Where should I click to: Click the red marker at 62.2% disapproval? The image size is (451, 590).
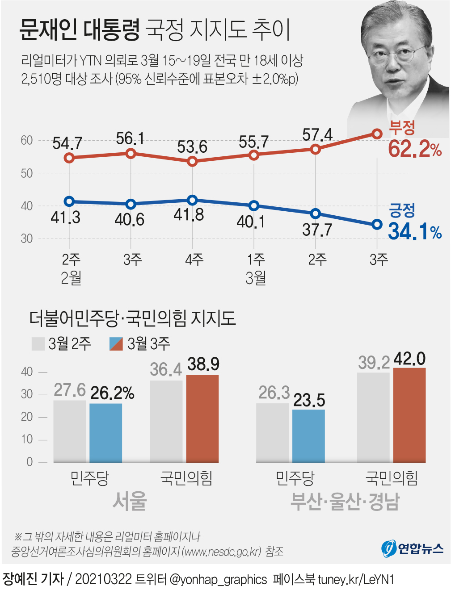coord(377,134)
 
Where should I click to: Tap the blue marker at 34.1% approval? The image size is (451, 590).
coord(377,224)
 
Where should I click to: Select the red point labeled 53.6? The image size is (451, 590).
coord(192,161)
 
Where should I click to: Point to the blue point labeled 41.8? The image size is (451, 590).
coord(192,200)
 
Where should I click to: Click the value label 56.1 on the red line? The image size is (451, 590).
coord(130,138)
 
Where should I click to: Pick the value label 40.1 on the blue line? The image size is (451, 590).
coord(251,222)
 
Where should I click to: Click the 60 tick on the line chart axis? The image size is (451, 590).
coord(27,140)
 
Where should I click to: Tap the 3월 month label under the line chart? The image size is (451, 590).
coord(256,278)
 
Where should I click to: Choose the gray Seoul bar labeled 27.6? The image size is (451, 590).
coord(69,431)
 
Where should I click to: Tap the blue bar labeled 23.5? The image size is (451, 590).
coord(308,435)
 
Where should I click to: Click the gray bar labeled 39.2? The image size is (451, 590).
coord(373,417)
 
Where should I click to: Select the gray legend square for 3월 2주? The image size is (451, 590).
coord(38,344)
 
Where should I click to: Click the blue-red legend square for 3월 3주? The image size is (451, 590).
coord(116,344)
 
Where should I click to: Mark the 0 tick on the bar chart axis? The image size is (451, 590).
coord(30,462)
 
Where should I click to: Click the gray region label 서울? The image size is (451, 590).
coord(130,501)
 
